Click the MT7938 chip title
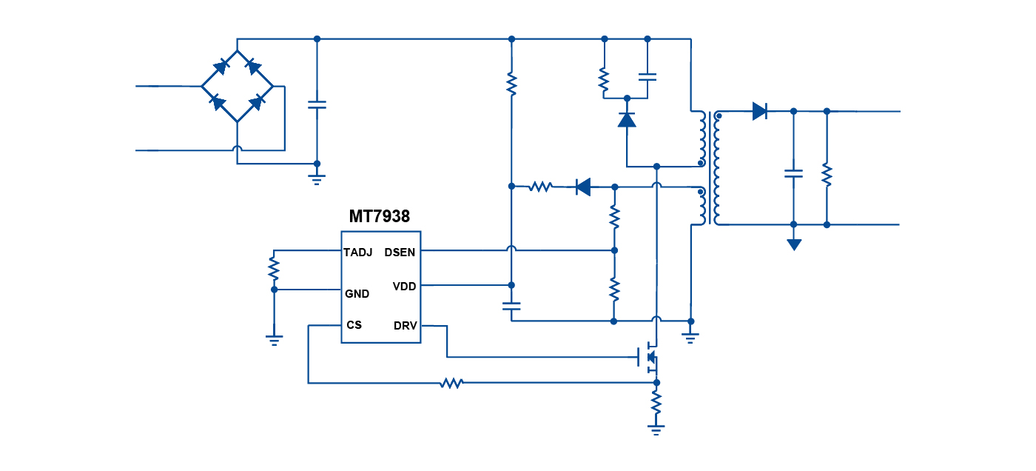[x=380, y=216]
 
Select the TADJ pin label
[x=358, y=252]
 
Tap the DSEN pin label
[x=400, y=252]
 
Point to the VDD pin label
[x=404, y=286]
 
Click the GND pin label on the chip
[x=357, y=293]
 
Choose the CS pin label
[x=354, y=325]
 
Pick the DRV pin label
[x=405, y=325]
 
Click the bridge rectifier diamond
[x=237, y=86]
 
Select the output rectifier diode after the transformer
[x=759, y=111]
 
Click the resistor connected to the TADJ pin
[x=274, y=267]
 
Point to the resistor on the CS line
[x=451, y=383]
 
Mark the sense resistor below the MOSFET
[x=656, y=403]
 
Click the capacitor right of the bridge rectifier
[x=317, y=105]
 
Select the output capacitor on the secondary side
[x=793, y=173]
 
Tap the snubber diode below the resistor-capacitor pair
[x=627, y=119]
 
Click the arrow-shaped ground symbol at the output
[x=794, y=244]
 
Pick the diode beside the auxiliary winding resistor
[x=583, y=187]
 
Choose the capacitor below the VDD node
[x=511, y=304]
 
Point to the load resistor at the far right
[x=827, y=175]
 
